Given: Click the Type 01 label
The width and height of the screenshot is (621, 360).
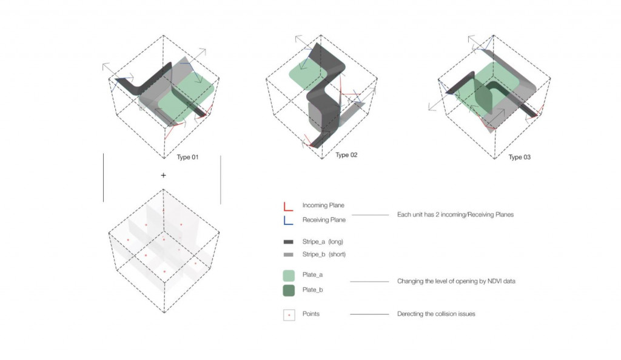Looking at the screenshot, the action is pos(187,157).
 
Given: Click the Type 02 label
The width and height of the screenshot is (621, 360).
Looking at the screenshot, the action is pos(346,155).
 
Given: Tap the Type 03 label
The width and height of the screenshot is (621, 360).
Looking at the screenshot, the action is pos(519,157).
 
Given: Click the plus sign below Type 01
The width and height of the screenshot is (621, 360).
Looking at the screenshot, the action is pos(163,175).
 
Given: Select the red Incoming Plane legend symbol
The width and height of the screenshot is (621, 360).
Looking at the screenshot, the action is pos(288,207).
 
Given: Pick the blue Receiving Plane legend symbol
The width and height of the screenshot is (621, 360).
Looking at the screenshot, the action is pos(288,221).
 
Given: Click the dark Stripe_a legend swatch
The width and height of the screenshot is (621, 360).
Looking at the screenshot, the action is pos(288,242).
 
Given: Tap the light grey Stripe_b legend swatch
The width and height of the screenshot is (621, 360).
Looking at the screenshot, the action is pos(288,255).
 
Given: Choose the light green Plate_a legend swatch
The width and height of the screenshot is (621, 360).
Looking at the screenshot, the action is pos(289,275).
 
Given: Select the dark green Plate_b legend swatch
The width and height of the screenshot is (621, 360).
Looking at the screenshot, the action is pos(289,290).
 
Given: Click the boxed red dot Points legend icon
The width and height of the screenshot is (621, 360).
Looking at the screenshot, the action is pos(289,315).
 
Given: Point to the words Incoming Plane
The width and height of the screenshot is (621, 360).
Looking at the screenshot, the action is pos(323,205).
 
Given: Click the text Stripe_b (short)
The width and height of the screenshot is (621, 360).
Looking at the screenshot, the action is pos(324,255).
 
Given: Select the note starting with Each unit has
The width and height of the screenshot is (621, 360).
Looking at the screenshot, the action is pos(455,215).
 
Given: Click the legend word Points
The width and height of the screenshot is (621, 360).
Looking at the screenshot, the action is pos(311,314).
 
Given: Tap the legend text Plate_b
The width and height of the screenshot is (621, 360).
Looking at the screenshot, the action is pos(312,290).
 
